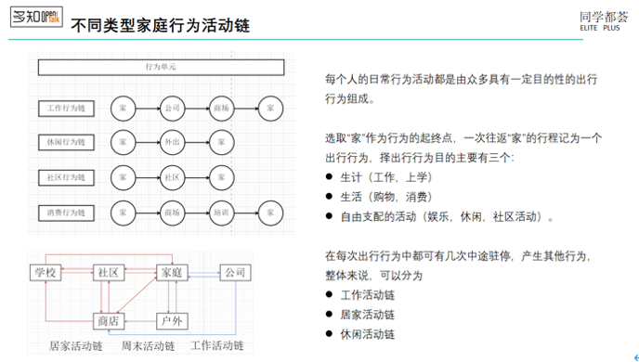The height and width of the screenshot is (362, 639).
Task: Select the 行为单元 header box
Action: [x=161, y=68]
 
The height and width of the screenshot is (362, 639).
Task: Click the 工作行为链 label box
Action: [x=66, y=109]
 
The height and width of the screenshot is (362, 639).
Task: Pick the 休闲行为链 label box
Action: [x=66, y=143]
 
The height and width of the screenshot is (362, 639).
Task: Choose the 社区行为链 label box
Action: [x=66, y=177]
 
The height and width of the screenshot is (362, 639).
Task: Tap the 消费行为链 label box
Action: [x=66, y=213]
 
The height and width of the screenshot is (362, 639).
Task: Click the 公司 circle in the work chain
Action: [x=172, y=109]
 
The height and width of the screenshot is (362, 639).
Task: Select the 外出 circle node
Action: [x=172, y=143]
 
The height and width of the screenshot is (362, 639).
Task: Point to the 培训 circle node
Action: [x=221, y=213]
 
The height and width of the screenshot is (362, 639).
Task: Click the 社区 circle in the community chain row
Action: [x=172, y=177]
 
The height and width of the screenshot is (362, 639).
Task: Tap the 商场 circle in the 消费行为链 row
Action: [x=172, y=213]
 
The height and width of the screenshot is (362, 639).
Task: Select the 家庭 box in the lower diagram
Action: [x=171, y=273]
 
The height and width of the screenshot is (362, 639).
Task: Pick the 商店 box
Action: [x=109, y=320]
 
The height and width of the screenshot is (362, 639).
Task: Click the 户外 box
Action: [x=171, y=320]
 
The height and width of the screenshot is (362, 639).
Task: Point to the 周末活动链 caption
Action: [x=149, y=346]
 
